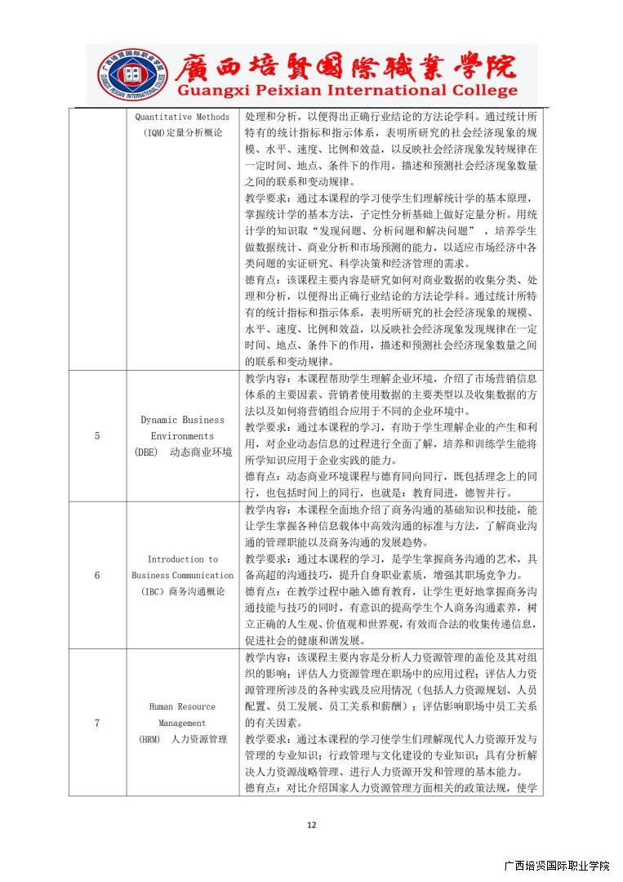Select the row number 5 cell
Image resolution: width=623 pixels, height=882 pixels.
[x=97, y=435]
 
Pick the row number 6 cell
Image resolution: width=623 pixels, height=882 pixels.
[x=97, y=575]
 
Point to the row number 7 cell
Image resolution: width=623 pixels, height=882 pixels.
[x=97, y=723]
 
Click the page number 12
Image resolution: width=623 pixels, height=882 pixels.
[x=311, y=825]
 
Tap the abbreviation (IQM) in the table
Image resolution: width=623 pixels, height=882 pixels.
[x=154, y=132]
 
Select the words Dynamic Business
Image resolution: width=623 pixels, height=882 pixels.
[x=182, y=420]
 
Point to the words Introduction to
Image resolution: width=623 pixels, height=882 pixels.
[x=182, y=559]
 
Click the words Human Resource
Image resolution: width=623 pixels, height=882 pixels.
[x=182, y=706]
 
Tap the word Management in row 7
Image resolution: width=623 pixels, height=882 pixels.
[x=182, y=723]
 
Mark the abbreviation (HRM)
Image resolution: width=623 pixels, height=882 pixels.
[x=149, y=739]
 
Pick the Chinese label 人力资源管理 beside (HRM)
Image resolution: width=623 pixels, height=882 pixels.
[x=198, y=739]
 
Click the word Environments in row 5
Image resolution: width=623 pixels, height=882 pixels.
[x=182, y=436]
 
